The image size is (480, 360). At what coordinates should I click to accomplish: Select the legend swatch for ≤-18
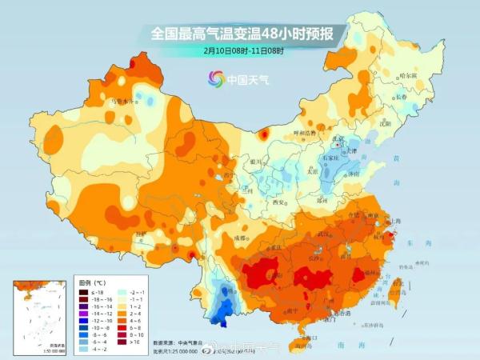click(x=82, y=293)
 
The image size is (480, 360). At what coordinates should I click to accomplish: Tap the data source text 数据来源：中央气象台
click(x=178, y=342)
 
